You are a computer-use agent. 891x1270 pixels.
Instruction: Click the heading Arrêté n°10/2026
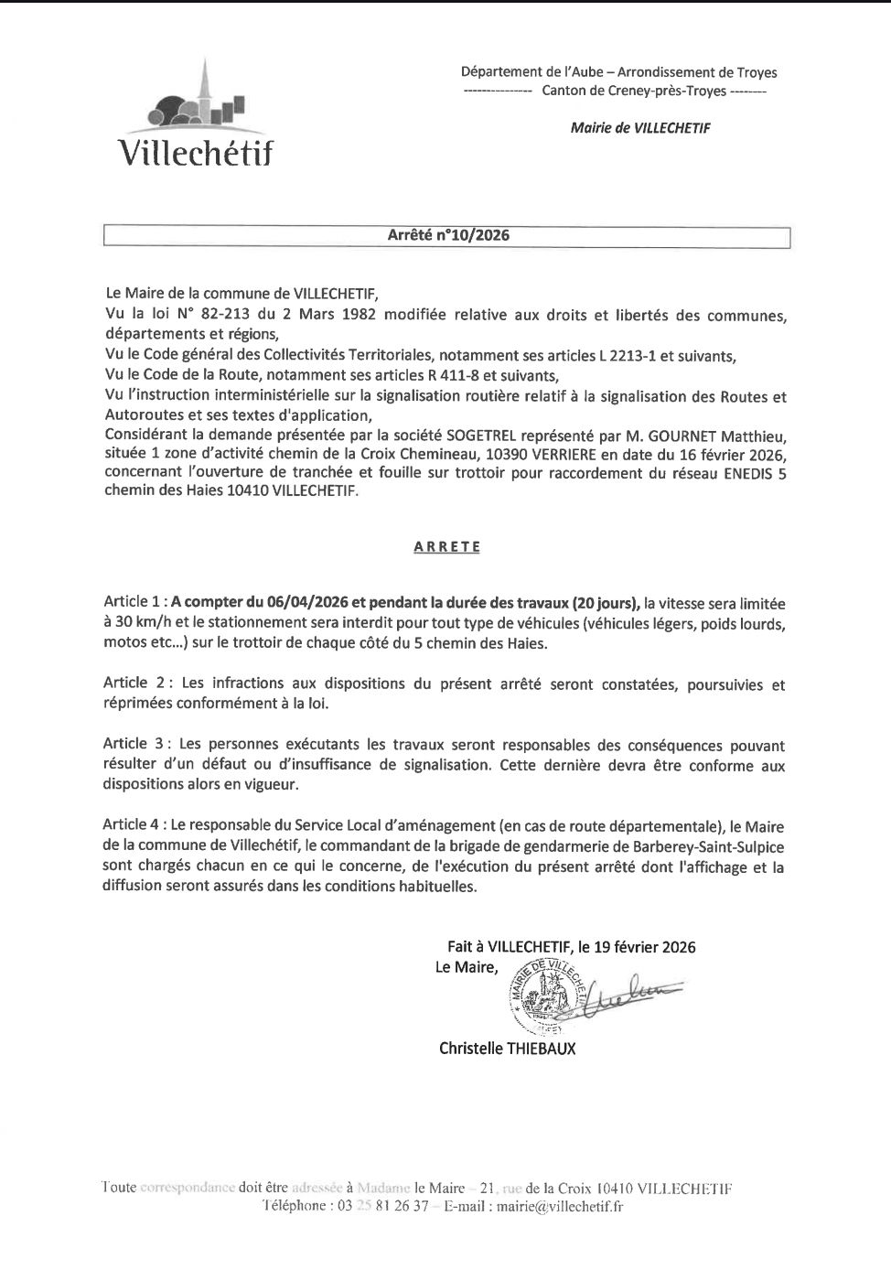(x=448, y=235)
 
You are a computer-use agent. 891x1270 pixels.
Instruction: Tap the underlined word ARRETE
(x=446, y=547)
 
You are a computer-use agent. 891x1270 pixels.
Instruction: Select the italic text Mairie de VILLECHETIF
(x=639, y=128)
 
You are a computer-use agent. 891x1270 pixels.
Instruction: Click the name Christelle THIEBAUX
(x=508, y=1049)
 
